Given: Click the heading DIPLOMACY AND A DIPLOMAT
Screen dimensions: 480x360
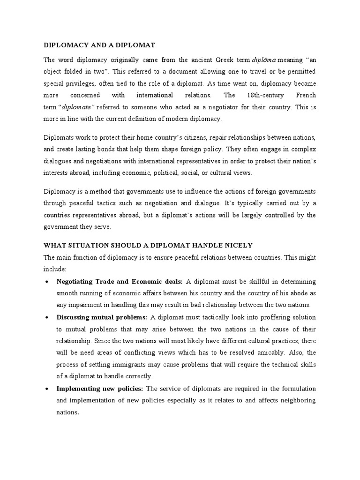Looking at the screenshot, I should [x=99, y=45].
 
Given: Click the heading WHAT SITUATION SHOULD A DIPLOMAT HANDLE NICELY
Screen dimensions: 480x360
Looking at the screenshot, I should [x=148, y=245].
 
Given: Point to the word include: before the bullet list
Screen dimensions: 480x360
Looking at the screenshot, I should [x=55, y=269].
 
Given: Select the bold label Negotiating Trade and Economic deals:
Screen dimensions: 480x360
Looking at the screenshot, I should [x=120, y=281].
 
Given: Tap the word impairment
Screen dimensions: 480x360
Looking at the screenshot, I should [x=85, y=305].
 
